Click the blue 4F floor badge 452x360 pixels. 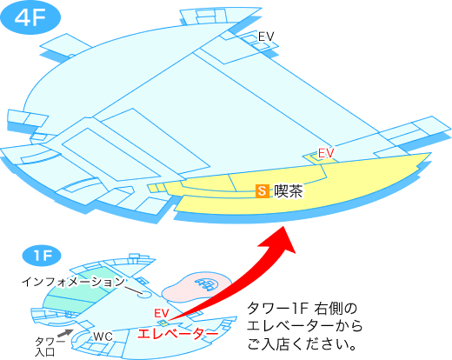tap(30, 17)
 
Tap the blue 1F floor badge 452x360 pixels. tap(42, 256)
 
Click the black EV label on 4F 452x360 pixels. tap(266, 37)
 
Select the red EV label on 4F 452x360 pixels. tap(326, 153)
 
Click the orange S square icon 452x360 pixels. tap(263, 191)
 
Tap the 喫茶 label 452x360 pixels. tap(289, 191)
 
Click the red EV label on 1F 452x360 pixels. tap(162, 313)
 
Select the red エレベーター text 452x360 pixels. tap(177, 334)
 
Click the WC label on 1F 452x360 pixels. tap(103, 337)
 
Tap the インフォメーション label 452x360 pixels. tap(73, 282)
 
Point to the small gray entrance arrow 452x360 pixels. tap(65, 333)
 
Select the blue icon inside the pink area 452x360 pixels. tap(207, 284)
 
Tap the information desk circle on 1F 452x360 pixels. tap(144, 294)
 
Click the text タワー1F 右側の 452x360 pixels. tap(302, 309)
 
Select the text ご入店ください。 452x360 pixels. tap(302, 344)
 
